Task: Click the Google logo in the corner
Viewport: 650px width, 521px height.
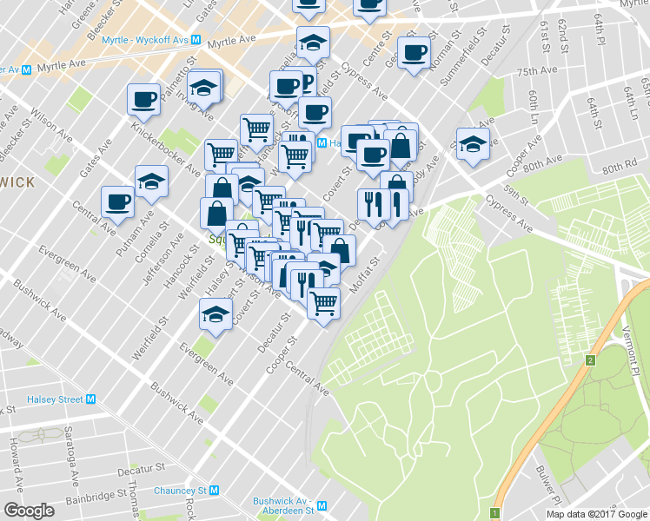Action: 30,511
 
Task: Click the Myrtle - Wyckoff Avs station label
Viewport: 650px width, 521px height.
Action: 145,41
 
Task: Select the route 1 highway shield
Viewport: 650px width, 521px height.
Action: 494,513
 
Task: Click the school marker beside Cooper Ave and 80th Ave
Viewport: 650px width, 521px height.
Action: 473,142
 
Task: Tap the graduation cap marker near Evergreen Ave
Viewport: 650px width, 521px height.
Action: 215,314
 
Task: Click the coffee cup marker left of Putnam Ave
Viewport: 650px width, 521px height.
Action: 116,201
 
